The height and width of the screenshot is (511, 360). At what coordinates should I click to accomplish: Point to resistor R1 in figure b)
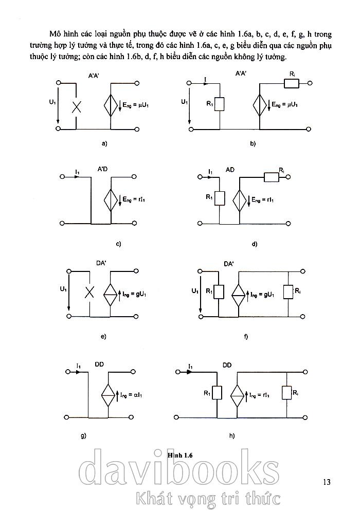point(220,104)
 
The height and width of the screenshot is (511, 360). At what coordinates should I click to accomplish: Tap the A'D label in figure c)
point(102,169)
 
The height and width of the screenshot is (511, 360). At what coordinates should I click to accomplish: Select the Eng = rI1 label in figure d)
point(264,199)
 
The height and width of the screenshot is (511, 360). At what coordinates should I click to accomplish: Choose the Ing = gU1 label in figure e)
point(134,294)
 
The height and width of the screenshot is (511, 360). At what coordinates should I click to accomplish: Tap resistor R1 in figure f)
point(219,292)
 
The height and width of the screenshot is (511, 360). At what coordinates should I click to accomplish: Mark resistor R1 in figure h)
point(217,393)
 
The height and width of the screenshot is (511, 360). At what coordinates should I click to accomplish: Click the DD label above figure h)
point(227,365)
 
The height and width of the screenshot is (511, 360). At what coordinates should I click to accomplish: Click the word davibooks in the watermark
point(180,470)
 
